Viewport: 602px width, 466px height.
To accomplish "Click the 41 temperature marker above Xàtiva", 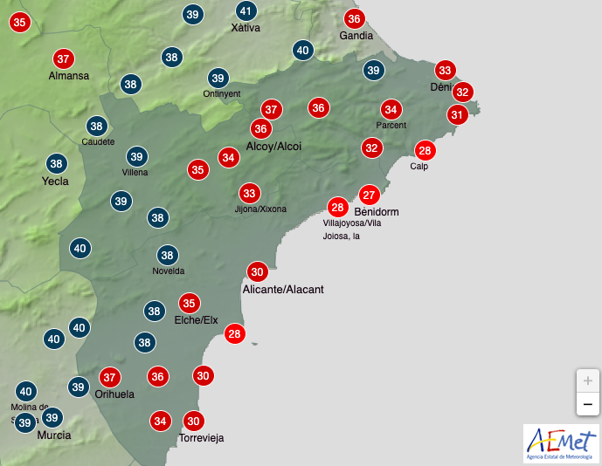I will point(247,11).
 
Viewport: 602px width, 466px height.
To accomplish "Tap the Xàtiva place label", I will point(246,28).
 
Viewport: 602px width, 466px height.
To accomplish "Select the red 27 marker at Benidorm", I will point(369,195).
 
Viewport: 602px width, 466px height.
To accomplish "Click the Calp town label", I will point(419,167).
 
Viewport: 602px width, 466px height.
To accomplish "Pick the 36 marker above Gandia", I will point(353,18).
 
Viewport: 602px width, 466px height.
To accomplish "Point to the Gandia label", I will point(356,36).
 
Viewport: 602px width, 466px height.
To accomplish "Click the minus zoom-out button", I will point(587,405).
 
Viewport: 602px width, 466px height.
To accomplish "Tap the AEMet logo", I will point(561,443).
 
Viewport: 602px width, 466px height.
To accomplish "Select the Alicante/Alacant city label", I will point(283,288).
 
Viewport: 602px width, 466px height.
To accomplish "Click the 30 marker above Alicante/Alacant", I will point(257,271).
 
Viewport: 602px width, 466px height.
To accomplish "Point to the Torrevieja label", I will point(201,438).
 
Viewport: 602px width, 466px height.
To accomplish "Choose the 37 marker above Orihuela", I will point(109,378).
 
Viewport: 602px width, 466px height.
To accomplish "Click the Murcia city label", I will point(53,435).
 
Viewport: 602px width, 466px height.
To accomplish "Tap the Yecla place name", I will point(55,182).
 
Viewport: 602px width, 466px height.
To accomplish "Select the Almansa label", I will point(69,76).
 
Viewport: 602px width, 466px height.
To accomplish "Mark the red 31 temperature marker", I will point(456,114).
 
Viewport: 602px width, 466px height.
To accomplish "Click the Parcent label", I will point(391,126).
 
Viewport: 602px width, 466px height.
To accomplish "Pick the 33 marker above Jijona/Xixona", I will point(250,193).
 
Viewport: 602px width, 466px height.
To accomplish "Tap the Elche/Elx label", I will point(196,320).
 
